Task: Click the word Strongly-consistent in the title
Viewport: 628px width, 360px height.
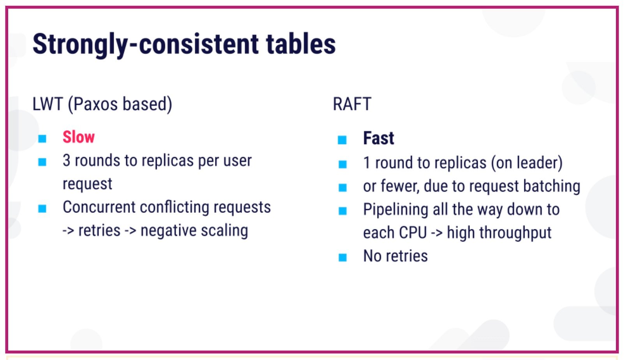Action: [x=145, y=45]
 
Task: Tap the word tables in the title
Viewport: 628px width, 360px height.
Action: [x=301, y=44]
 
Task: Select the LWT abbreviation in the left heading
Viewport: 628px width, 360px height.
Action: [x=48, y=104]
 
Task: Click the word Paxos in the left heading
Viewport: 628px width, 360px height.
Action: [x=95, y=104]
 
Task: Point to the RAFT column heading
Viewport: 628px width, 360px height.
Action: [x=352, y=104]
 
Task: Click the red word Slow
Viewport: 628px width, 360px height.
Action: [x=79, y=137]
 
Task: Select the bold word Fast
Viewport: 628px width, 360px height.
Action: [x=379, y=138]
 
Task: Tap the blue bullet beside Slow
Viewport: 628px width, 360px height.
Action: [x=42, y=138]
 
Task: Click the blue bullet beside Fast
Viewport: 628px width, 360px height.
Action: [x=342, y=139]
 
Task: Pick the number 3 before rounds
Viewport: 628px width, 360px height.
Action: [x=67, y=161]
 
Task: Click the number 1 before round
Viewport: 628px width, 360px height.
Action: [x=367, y=162]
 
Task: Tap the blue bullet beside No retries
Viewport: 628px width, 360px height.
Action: [x=342, y=258]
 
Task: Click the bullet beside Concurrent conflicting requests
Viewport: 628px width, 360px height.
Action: [x=42, y=208]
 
